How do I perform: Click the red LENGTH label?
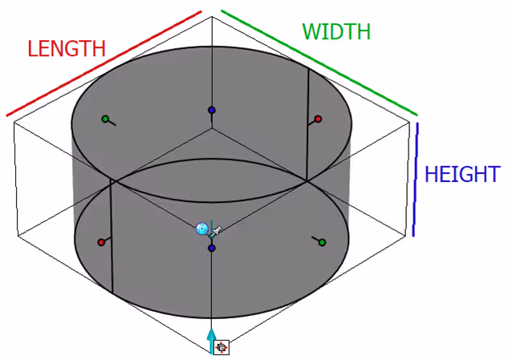click(67, 48)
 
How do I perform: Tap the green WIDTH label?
click(336, 32)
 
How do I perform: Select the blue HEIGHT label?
click(462, 175)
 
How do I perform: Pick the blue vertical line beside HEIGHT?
click(413, 180)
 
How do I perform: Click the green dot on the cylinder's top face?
click(105, 119)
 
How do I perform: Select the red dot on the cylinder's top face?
click(318, 119)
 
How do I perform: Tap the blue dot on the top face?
click(211, 109)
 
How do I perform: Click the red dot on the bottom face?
click(101, 242)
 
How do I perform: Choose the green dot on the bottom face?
click(322, 242)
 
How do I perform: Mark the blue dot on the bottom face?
click(211, 249)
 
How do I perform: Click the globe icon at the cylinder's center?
click(201, 230)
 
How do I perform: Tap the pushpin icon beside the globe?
click(215, 231)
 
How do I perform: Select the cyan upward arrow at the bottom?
click(212, 340)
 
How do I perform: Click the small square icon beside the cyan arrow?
click(223, 347)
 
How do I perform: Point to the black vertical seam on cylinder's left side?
click(112, 237)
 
